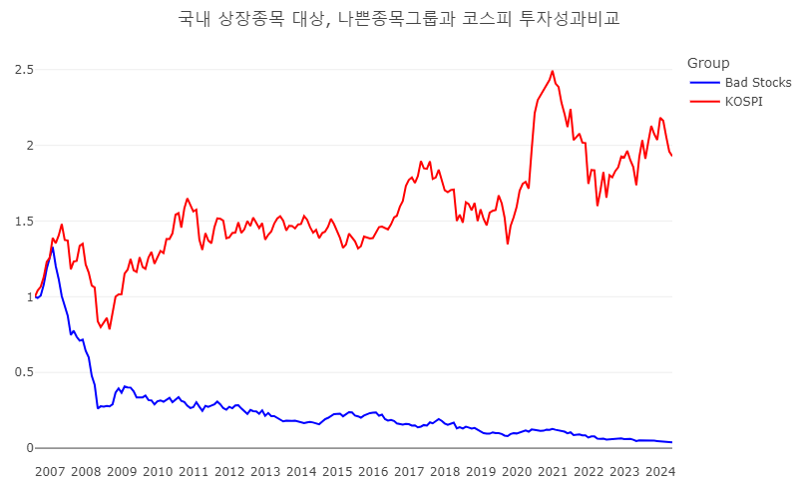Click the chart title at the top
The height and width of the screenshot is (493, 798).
click(x=398, y=19)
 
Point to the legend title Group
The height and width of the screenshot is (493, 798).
click(x=708, y=63)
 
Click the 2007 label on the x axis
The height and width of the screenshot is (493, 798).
click(x=50, y=471)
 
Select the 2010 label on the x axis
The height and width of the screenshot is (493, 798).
click(x=158, y=471)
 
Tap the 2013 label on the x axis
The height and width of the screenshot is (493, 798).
click(x=266, y=471)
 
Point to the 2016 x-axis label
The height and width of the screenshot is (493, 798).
click(x=374, y=471)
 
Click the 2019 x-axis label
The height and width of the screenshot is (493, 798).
click(x=482, y=471)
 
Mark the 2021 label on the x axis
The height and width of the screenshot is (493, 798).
click(x=554, y=471)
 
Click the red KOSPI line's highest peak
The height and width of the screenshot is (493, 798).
click(x=552, y=71)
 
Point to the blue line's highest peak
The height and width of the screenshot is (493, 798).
click(x=52, y=247)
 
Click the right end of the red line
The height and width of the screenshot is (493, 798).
click(x=671, y=156)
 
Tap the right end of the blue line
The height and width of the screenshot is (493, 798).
click(x=671, y=442)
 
